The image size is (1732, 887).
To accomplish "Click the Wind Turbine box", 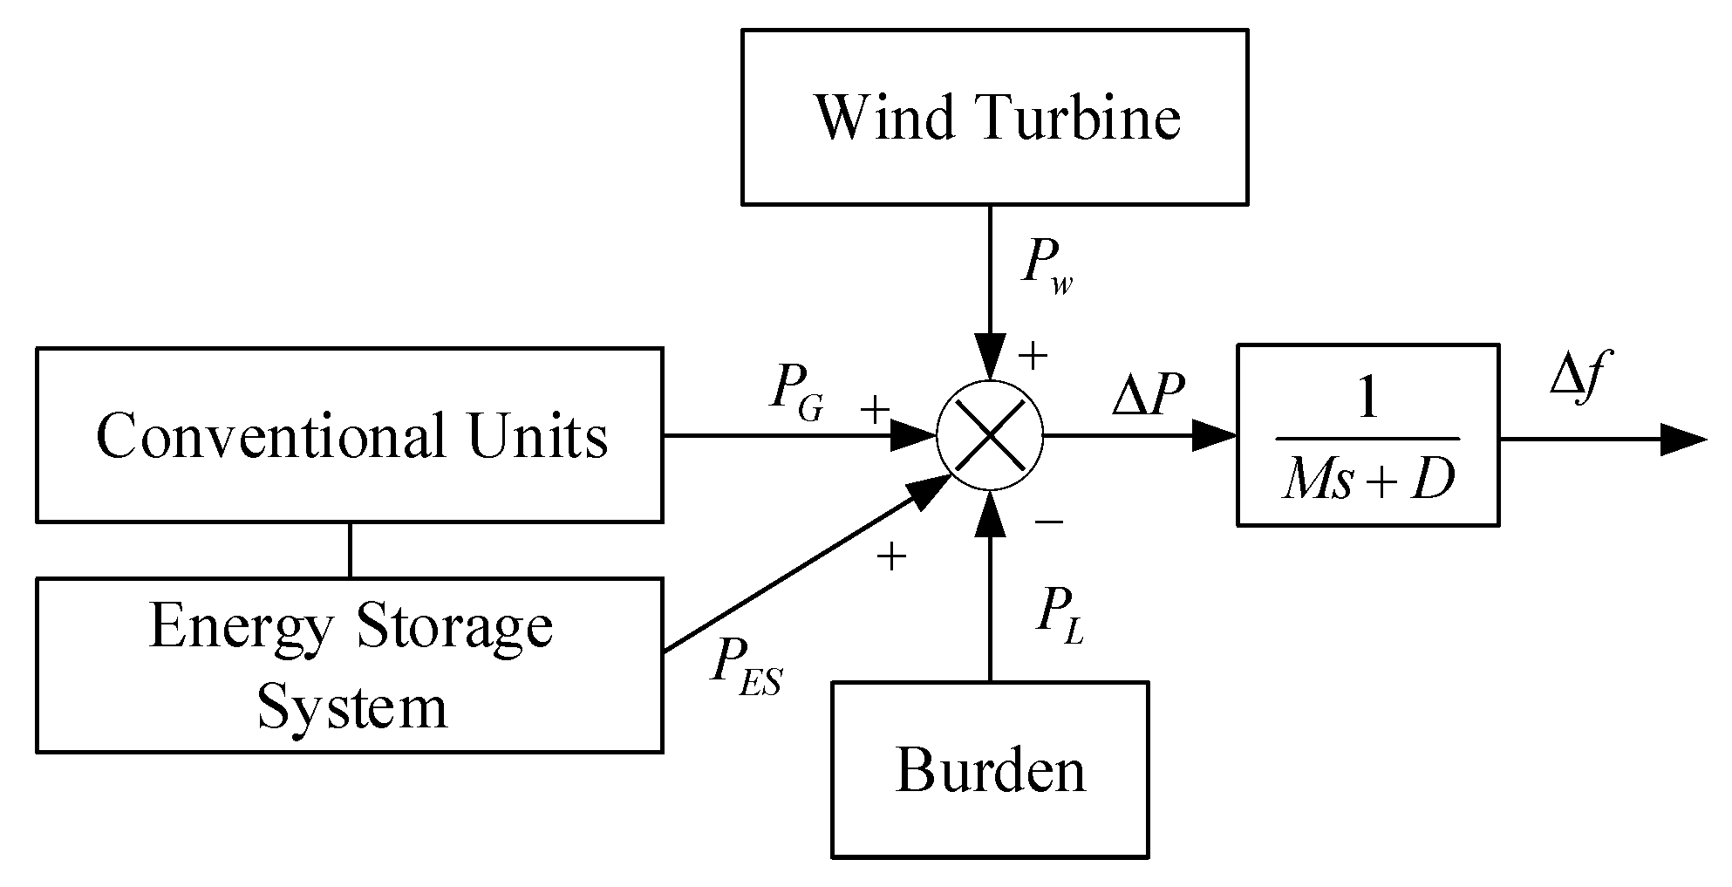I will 994,117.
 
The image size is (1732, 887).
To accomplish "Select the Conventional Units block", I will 349,434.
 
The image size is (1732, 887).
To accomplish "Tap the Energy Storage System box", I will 349,665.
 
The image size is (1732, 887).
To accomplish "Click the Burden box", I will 989,769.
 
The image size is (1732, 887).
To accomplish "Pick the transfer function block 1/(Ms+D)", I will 1367,434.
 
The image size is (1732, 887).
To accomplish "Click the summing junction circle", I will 990,434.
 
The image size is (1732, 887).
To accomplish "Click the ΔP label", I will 1148,396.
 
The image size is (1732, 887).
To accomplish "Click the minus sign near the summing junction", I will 1049,522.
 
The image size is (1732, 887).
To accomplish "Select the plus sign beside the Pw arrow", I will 1033,356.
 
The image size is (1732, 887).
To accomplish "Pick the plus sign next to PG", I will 875,409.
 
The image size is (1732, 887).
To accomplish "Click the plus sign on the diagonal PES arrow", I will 891,556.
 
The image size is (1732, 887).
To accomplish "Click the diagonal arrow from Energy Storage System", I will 802,567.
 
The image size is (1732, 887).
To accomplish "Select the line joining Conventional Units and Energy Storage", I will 351,549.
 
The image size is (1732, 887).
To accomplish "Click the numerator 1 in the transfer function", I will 1367,399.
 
